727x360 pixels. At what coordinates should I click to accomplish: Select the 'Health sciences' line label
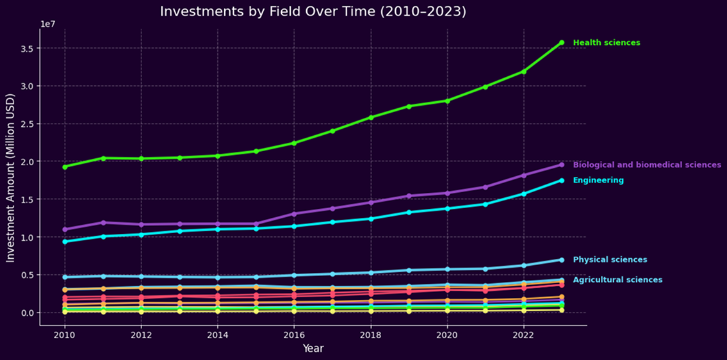pos(606,43)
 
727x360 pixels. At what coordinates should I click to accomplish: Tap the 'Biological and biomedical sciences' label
pos(646,165)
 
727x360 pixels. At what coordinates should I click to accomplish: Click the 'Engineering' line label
pos(598,181)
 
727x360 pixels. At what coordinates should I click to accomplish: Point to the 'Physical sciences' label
pos(609,259)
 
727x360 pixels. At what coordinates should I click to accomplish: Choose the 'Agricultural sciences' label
pos(617,280)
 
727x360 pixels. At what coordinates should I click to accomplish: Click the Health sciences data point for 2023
pos(562,42)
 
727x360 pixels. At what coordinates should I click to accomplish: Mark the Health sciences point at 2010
pos(65,167)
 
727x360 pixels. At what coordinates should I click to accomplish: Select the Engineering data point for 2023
pos(562,181)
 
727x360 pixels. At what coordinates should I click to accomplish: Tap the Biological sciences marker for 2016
pos(294,213)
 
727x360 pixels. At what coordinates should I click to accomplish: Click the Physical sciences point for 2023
pos(562,260)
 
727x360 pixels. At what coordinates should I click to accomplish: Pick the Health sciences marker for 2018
pos(371,117)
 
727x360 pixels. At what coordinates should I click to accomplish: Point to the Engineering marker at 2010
pos(65,241)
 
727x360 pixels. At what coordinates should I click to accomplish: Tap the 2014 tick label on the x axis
pos(218,334)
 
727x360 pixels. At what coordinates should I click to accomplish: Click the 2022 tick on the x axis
pos(523,334)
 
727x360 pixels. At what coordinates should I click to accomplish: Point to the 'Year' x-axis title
pos(313,348)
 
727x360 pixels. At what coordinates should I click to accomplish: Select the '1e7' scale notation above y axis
pos(47,24)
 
